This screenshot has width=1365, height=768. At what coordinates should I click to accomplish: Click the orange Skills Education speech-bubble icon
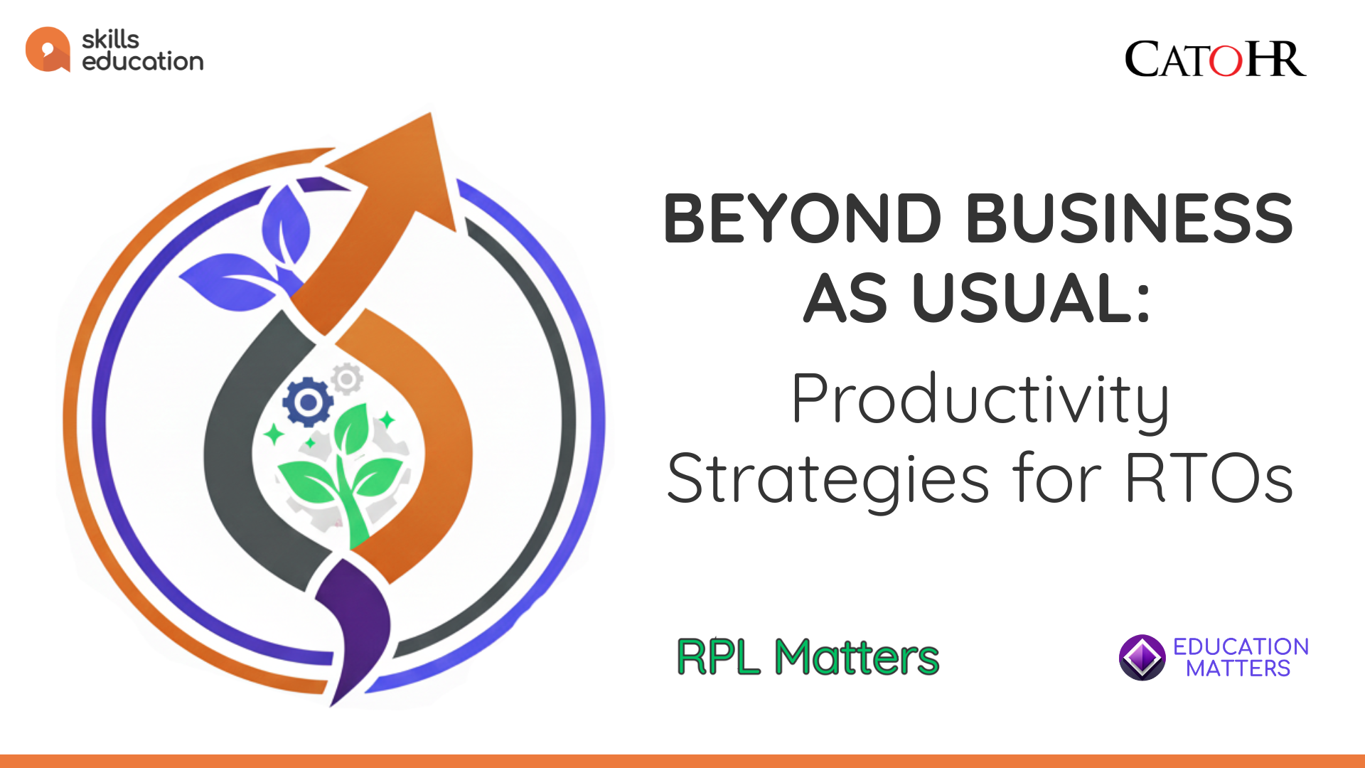pyautogui.click(x=48, y=49)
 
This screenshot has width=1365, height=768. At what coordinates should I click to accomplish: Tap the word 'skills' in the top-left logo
pyautogui.click(x=110, y=39)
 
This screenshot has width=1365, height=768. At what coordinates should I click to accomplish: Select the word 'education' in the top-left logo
pyautogui.click(x=143, y=61)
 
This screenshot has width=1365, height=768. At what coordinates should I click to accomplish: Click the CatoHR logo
pyautogui.click(x=1215, y=59)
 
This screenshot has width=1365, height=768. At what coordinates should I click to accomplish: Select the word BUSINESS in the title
pyautogui.click(x=1130, y=218)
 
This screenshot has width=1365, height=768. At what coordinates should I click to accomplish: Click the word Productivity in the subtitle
pyautogui.click(x=980, y=400)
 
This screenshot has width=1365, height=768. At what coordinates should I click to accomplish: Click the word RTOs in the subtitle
pyautogui.click(x=1209, y=478)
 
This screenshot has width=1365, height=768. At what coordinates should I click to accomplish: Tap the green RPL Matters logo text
pyautogui.click(x=808, y=656)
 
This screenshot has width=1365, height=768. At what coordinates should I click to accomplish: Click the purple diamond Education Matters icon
pyautogui.click(x=1142, y=657)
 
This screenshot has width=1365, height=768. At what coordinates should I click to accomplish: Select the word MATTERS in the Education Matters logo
pyautogui.click(x=1238, y=668)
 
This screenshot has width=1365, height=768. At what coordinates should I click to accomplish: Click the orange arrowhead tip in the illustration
pyautogui.click(x=432, y=114)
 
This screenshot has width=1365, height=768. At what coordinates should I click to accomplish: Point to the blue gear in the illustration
pyautogui.click(x=308, y=402)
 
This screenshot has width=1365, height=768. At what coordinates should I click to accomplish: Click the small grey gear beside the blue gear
pyautogui.click(x=347, y=379)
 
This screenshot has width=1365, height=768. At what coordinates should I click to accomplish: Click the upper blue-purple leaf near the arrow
pyautogui.click(x=284, y=224)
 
